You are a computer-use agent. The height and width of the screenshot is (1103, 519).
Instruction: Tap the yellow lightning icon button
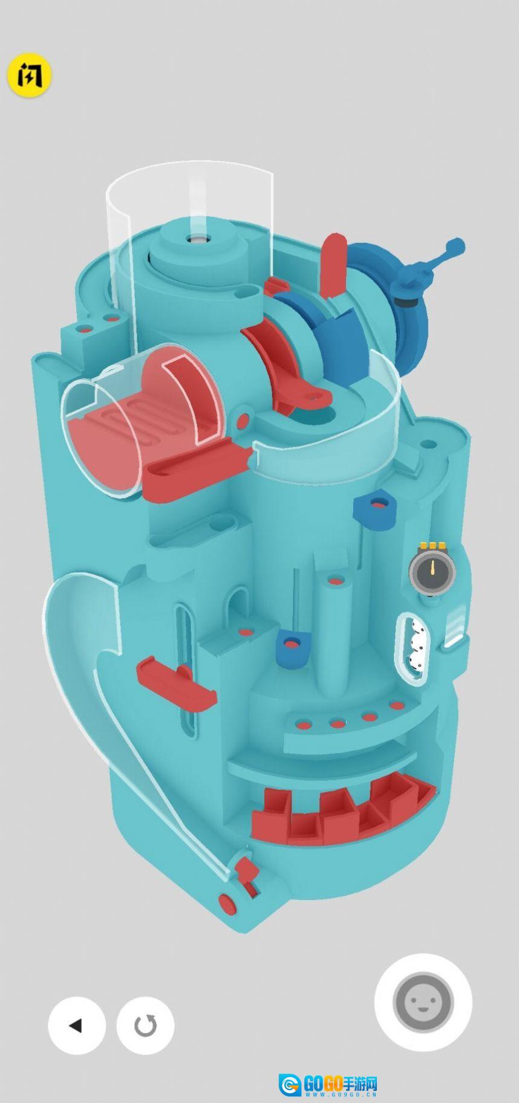pyautogui.click(x=29, y=77)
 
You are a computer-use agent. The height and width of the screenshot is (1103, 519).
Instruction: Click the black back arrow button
pyautogui.click(x=77, y=1025)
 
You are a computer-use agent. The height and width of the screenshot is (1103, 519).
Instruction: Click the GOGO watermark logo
pyautogui.click(x=328, y=1085)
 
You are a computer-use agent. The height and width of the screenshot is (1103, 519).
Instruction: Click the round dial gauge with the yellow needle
pyautogui.click(x=432, y=570)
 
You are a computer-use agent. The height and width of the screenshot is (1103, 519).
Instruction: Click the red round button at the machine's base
pyautogui.click(x=227, y=904)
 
